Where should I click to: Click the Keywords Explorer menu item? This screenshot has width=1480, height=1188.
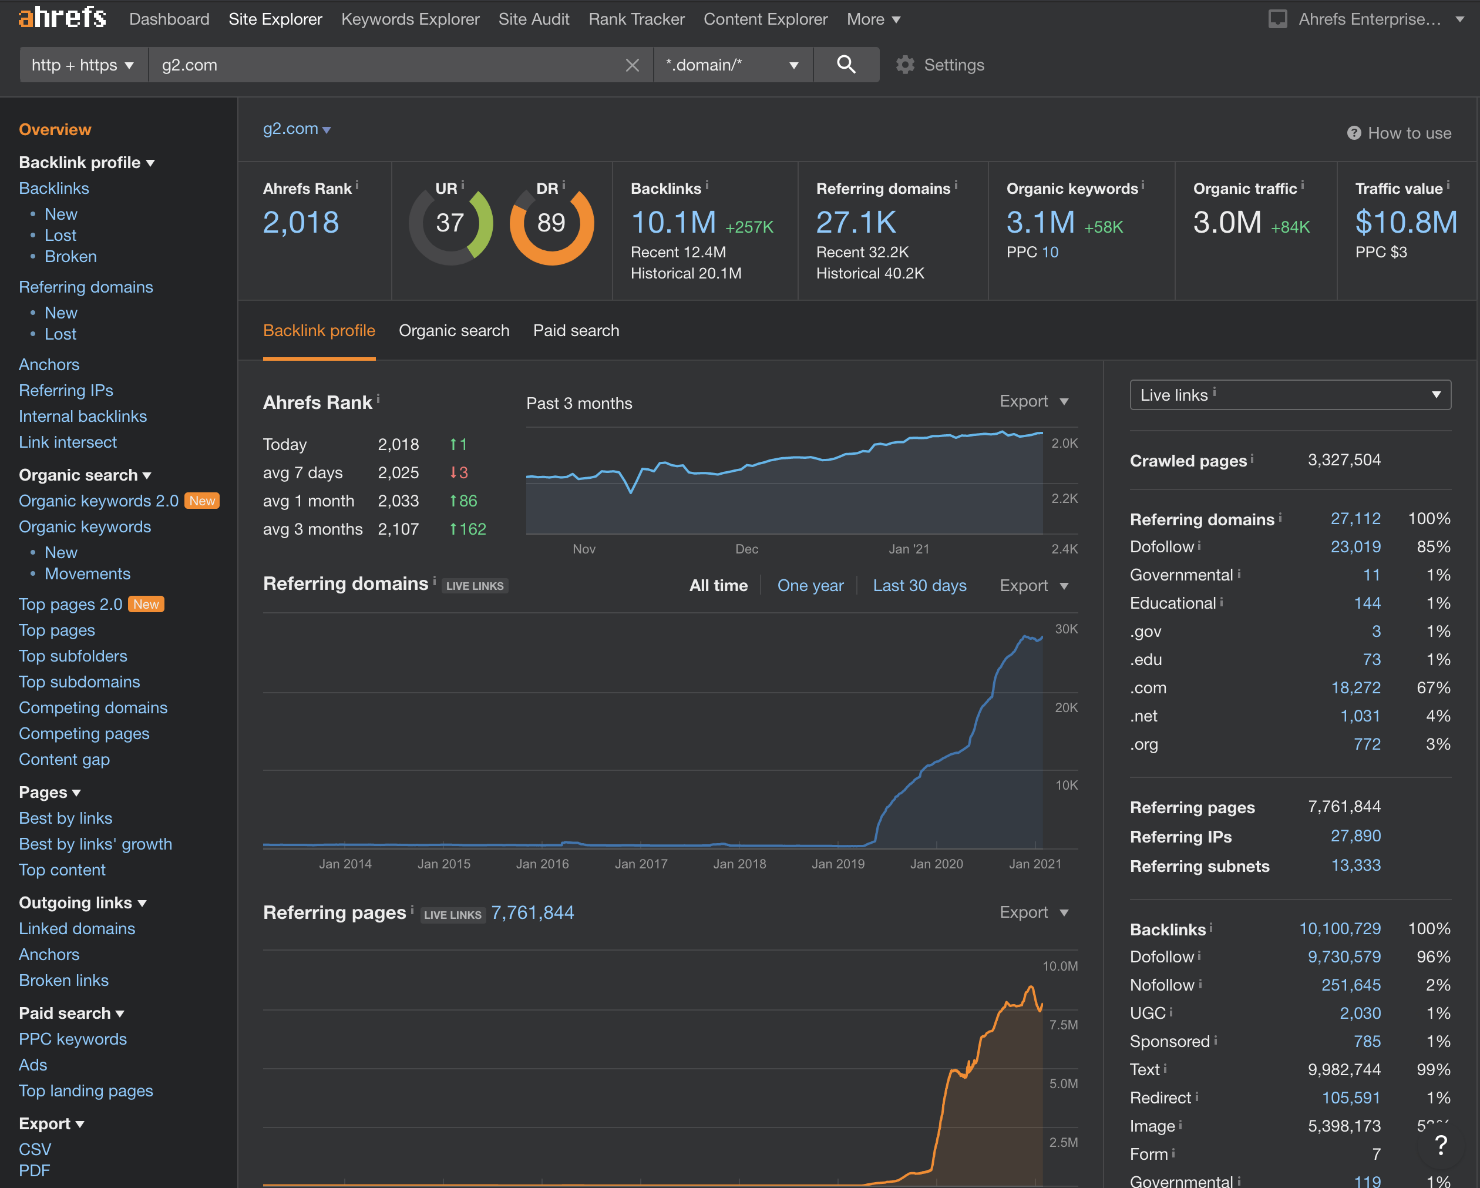410,19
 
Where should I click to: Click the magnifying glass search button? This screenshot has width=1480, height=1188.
846,65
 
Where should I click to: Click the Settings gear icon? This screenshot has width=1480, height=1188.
906,65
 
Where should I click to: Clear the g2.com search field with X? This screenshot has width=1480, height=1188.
632,65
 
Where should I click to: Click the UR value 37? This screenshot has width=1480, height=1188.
450,223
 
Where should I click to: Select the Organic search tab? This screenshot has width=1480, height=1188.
454,330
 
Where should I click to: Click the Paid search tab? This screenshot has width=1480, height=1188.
576,330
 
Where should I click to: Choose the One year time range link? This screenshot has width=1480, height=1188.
810,586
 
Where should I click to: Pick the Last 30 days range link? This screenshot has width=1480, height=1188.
919,586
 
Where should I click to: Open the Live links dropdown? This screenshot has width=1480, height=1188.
1289,395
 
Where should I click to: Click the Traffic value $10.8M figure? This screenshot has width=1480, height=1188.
1405,223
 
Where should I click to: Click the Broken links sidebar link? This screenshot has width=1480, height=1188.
64,980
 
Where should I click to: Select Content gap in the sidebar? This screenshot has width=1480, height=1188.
65,760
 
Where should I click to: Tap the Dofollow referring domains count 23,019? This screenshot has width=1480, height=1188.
1355,546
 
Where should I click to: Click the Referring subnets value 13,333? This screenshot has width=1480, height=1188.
1355,865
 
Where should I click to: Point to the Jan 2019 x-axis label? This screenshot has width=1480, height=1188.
837,864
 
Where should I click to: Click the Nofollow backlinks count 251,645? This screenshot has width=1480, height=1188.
1350,985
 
